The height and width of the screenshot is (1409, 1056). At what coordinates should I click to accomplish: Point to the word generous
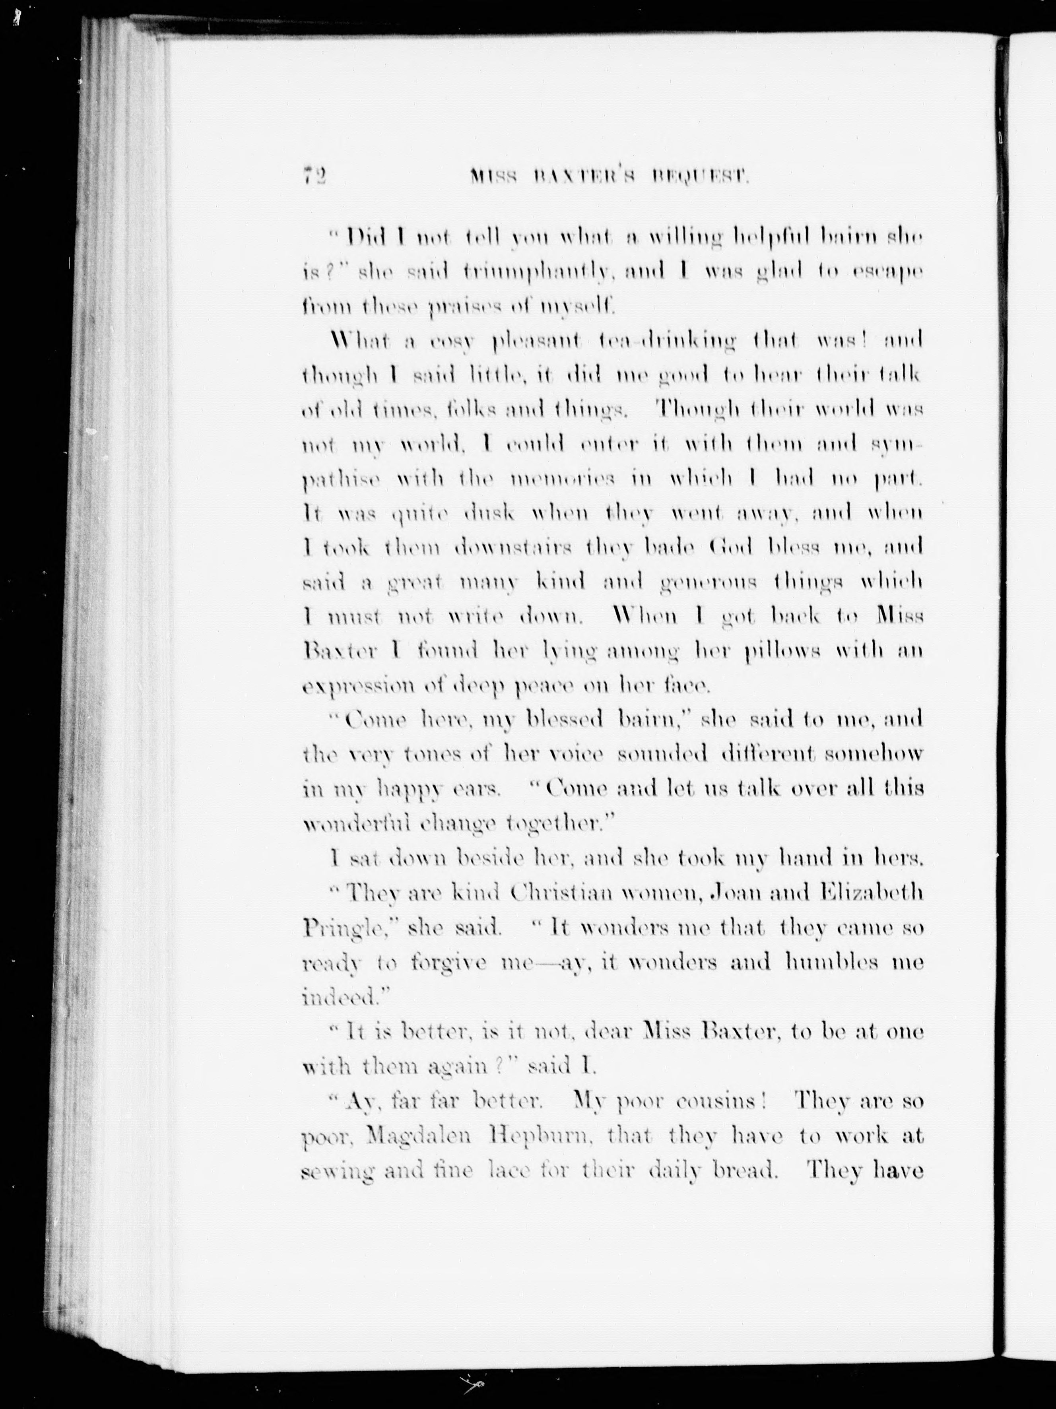(x=711, y=582)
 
